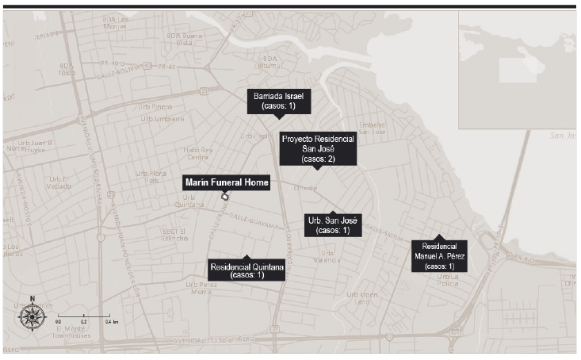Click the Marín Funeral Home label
pos(226,182)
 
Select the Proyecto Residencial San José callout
pos(318,148)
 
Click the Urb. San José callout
pos(333,224)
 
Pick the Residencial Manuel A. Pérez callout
pos(439,256)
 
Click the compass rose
pos(32,316)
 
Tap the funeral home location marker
pos(226,197)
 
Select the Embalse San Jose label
pos(373,128)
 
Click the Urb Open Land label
pos(358,297)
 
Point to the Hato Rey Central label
pos(197,152)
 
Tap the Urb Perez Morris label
pos(203,287)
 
